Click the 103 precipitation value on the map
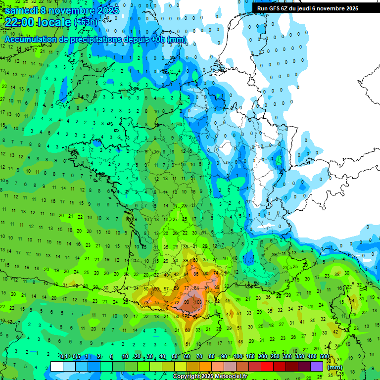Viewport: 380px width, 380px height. [198, 302]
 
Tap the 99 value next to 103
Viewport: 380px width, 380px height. [187, 302]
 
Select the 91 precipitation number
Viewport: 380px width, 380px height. [206, 287]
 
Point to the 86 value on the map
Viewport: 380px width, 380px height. [196, 274]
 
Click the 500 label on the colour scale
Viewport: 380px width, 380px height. [325, 357]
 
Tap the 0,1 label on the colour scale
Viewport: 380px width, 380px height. [64, 357]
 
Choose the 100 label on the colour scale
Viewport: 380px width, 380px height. [238, 357]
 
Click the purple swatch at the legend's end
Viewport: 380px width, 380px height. [317, 366]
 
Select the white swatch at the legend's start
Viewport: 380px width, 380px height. [57, 366]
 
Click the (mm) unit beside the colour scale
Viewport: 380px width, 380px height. [335, 367]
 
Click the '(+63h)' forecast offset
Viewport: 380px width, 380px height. [86, 23]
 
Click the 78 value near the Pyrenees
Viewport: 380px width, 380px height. [145, 303]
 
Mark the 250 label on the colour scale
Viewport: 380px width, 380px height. [275, 357]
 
